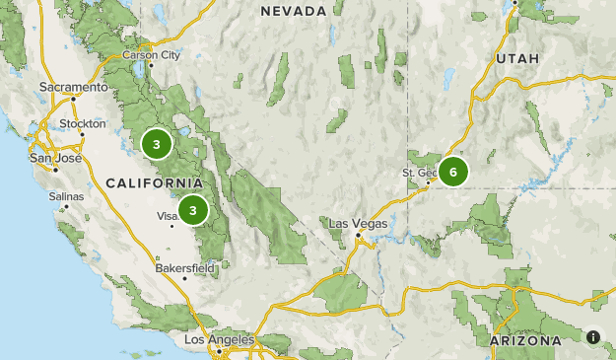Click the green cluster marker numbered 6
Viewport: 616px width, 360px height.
(x=453, y=172)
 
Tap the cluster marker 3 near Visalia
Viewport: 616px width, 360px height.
(x=193, y=209)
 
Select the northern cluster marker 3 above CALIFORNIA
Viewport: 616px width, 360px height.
(x=156, y=144)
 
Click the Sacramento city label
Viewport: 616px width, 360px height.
(x=72, y=87)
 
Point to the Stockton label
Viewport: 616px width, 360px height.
(x=82, y=123)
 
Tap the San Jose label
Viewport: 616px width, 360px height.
(x=55, y=157)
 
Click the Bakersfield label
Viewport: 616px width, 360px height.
(x=184, y=266)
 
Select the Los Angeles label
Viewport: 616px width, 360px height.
(x=219, y=339)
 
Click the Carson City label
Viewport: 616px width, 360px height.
(x=151, y=55)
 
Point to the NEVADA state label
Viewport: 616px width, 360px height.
(x=293, y=11)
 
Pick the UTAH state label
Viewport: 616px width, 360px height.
(x=518, y=59)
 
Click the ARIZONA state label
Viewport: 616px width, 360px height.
(x=525, y=340)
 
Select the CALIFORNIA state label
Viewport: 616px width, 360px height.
(x=154, y=183)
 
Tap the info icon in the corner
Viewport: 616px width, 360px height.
(x=593, y=337)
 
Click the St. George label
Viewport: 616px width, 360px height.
(x=418, y=173)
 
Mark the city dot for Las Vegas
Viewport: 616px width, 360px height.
(x=357, y=235)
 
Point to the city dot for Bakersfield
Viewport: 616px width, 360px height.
(x=184, y=277)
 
